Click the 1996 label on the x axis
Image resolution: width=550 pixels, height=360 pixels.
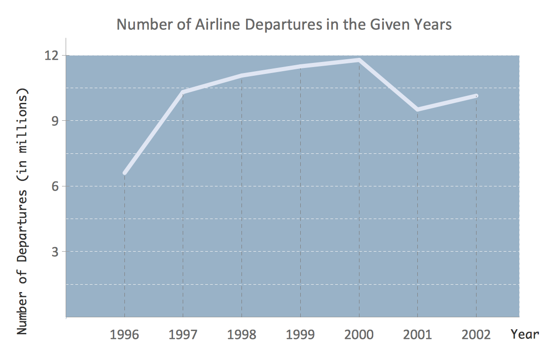click(124, 334)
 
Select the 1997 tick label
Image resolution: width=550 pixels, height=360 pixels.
click(183, 334)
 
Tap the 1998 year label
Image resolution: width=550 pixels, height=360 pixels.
click(241, 334)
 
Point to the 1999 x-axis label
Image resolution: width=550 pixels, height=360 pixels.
click(300, 334)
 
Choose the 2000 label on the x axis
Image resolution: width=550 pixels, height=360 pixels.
click(359, 334)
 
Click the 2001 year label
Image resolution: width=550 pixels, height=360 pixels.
click(417, 334)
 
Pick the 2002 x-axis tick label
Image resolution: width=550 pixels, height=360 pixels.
click(476, 334)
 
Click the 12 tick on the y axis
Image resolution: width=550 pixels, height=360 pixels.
click(54, 56)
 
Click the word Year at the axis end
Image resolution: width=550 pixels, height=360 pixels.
click(525, 334)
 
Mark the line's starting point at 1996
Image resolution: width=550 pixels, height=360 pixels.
click(124, 173)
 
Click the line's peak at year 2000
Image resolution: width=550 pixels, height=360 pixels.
click(359, 60)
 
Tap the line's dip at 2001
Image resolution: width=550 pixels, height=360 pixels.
click(417, 109)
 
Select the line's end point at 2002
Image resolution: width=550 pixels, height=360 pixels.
click(476, 96)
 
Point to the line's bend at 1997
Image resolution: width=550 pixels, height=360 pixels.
click(183, 92)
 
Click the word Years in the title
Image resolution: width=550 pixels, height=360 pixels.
click(434, 24)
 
